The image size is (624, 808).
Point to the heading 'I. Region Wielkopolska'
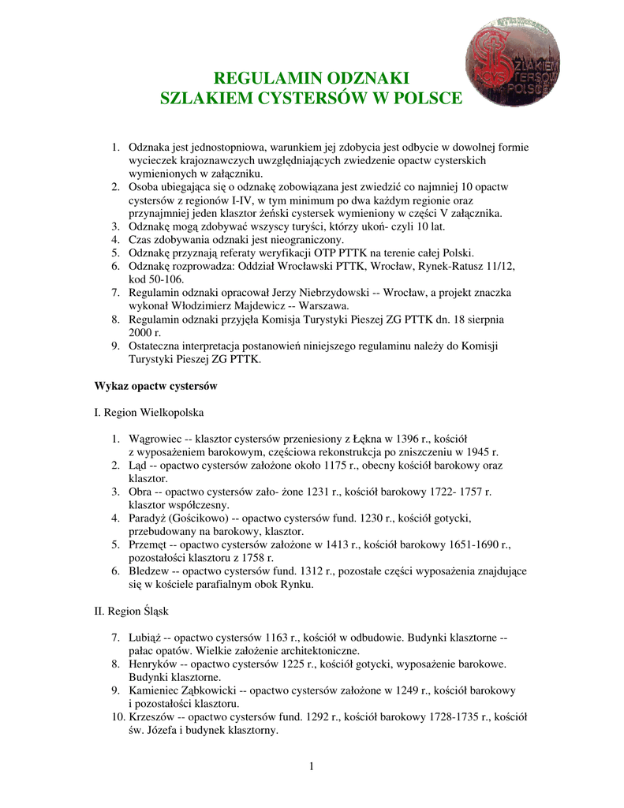click(149, 412)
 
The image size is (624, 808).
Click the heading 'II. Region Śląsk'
click(131, 611)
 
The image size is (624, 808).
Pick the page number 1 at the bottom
click(312, 768)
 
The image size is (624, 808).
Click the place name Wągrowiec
click(155, 438)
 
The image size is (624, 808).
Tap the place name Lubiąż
click(145, 637)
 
